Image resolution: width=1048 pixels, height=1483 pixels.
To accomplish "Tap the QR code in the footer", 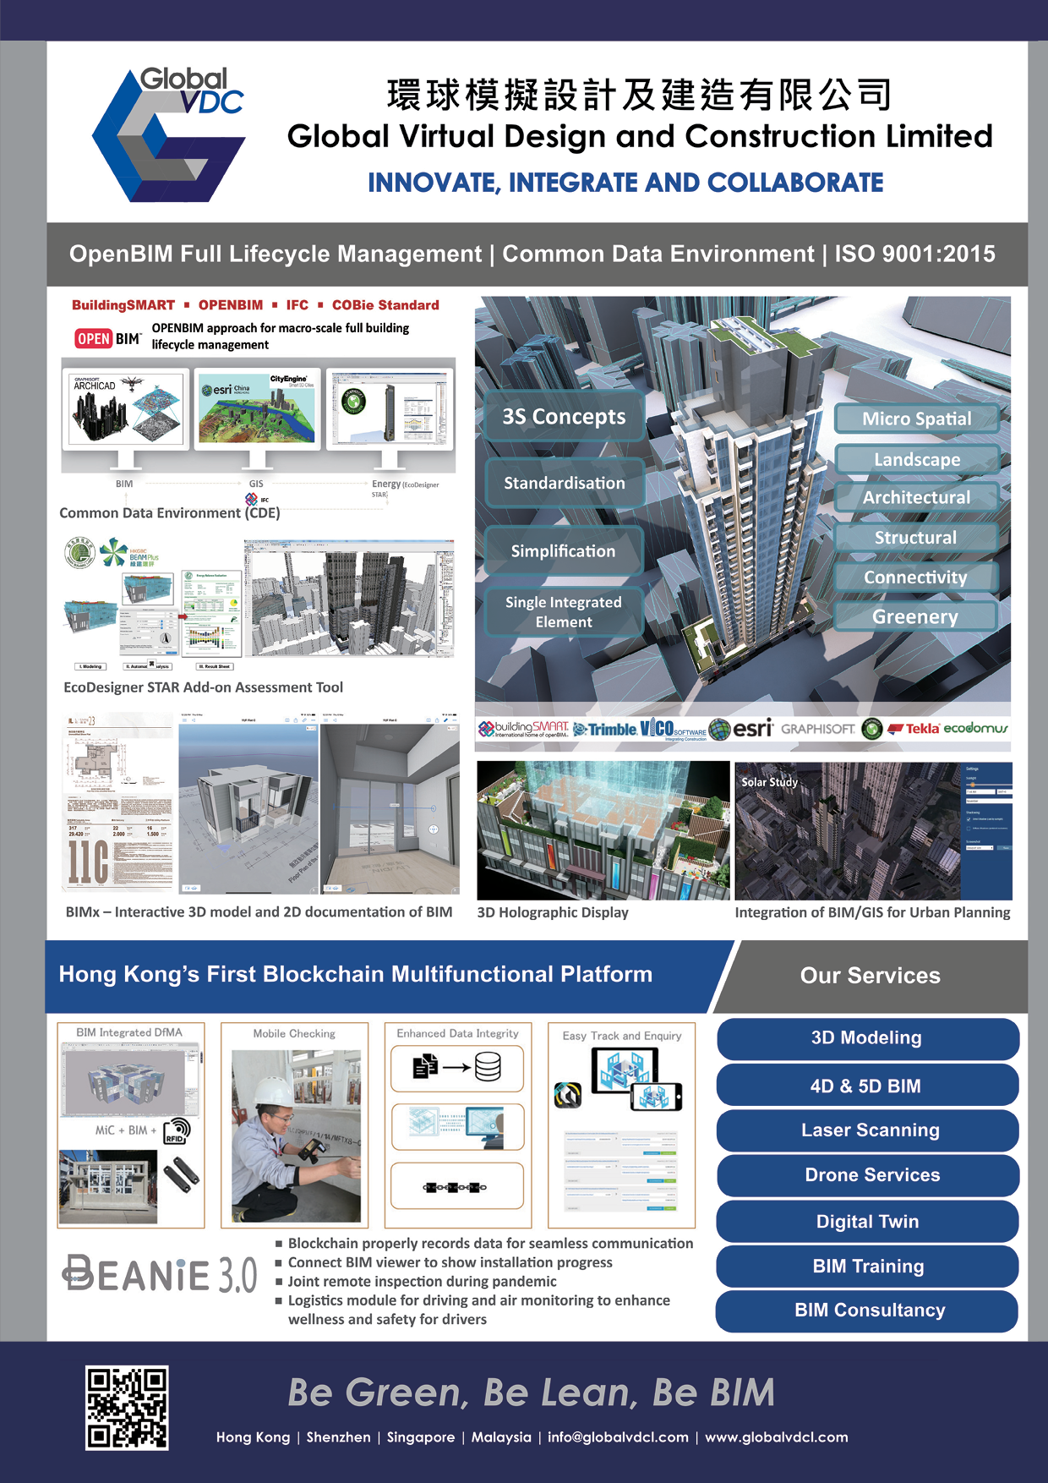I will (x=127, y=1408).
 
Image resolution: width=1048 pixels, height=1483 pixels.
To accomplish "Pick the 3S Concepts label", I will (x=564, y=417).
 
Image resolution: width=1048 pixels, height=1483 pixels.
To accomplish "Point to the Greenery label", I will (x=915, y=617).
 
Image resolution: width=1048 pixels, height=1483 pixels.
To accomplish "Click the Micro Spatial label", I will (x=917, y=419).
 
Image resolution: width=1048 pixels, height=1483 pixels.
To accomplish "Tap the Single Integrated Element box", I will (x=564, y=612).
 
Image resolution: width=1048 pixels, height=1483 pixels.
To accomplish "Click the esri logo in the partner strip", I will (x=743, y=729).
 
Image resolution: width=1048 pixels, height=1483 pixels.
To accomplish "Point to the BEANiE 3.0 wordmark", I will (x=160, y=1274).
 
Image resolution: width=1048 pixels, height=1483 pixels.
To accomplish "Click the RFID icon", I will (x=177, y=1130).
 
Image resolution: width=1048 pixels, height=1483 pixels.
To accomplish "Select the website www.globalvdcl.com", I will (x=776, y=1437).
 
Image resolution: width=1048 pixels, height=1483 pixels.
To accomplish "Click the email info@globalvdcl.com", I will (x=618, y=1437).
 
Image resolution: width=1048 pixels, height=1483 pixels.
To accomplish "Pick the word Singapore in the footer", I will (x=420, y=1437).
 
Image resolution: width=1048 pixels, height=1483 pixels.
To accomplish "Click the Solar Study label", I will (x=769, y=782).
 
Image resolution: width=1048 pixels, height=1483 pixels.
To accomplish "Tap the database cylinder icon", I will (x=488, y=1067).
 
